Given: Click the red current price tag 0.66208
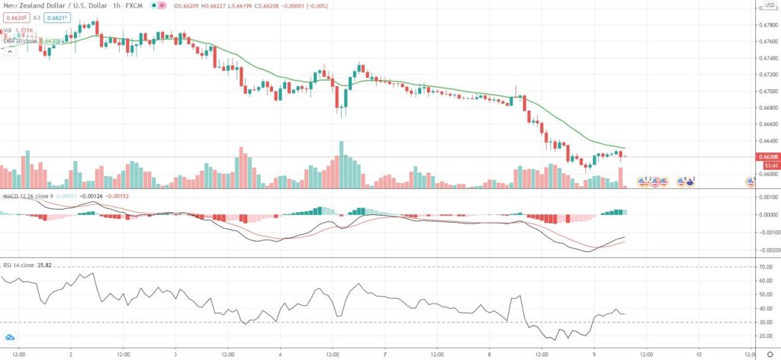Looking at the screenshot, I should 767,157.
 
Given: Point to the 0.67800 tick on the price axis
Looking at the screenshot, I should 767,24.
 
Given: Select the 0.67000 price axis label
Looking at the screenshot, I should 767,91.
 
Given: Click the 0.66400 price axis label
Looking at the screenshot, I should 767,140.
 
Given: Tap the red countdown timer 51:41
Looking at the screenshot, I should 767,165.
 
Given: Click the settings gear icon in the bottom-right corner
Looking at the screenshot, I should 769,354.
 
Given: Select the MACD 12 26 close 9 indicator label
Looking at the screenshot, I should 28,196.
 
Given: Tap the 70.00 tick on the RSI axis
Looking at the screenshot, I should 765,267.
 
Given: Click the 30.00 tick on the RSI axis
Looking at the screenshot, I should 765,322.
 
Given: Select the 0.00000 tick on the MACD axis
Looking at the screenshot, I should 766,214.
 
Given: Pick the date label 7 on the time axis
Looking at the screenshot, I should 386,354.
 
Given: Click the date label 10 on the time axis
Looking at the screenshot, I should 699,354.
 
